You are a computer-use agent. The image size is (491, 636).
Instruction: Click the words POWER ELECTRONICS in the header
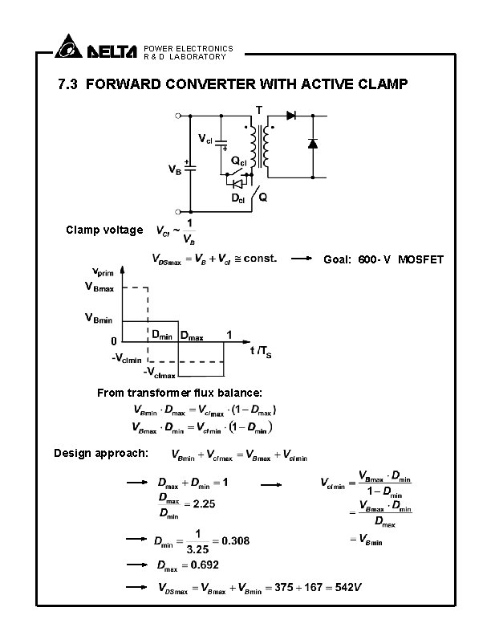(x=189, y=48)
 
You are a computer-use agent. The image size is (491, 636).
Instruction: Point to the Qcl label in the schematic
(x=239, y=161)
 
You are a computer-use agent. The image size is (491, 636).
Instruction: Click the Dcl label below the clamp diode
(x=238, y=198)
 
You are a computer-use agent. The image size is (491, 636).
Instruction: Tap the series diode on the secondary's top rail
(x=290, y=116)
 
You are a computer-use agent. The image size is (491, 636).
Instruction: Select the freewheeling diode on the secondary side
(x=313, y=144)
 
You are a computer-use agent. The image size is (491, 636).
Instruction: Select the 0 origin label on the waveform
(x=114, y=340)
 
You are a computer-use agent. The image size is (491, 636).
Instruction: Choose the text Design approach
(x=100, y=453)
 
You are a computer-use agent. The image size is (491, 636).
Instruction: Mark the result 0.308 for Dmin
(x=234, y=541)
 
